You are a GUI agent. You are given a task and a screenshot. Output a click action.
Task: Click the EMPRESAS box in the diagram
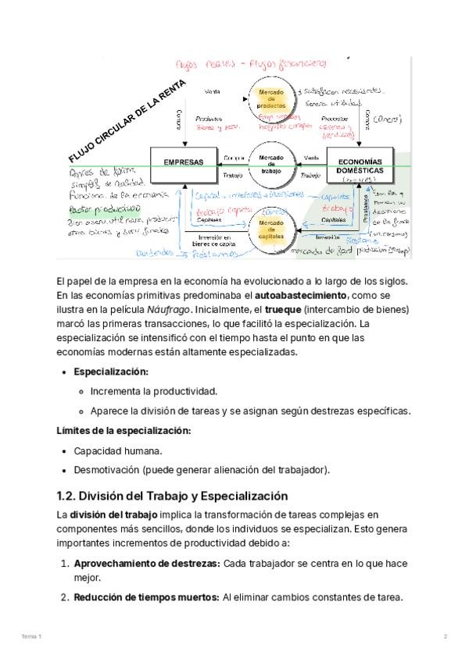click(182, 162)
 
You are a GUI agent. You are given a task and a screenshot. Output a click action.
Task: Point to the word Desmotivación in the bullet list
click(106, 470)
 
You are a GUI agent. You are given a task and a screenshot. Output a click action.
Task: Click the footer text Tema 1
click(31, 637)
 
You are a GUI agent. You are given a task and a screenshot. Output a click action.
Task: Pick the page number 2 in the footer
click(446, 637)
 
